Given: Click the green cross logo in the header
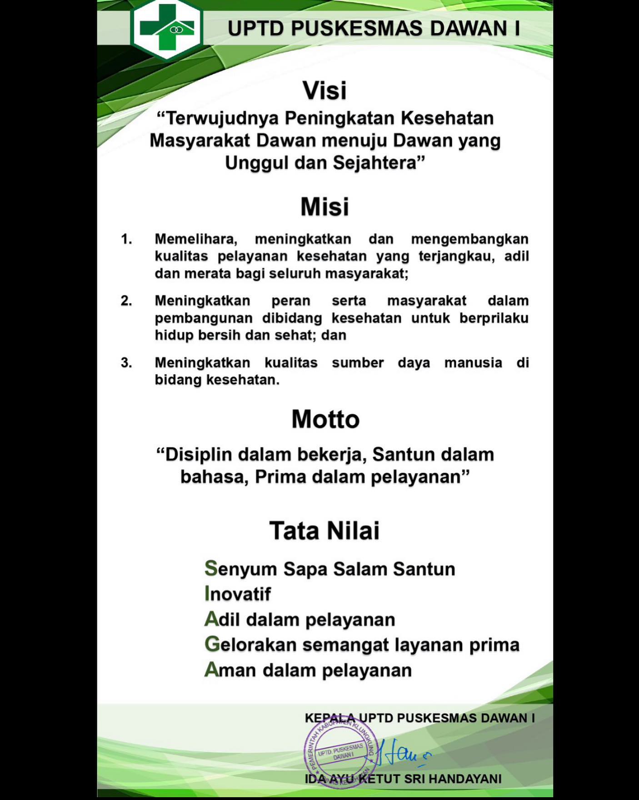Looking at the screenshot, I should (x=166, y=29).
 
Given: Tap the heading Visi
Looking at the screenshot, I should (x=324, y=91).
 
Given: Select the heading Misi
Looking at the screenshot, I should (x=324, y=207).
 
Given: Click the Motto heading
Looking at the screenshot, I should (x=325, y=419).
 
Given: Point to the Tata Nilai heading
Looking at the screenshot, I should (x=324, y=531).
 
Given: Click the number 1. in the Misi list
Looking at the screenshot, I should (x=126, y=239).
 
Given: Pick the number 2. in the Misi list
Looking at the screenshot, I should (x=126, y=301).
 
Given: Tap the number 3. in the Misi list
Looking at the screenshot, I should (x=126, y=363).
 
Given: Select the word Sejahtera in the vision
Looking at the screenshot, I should (x=375, y=162).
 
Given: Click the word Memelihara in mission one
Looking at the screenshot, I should (x=196, y=239).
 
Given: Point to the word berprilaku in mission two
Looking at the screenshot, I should (x=494, y=318).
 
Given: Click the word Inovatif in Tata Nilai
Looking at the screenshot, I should (x=238, y=594).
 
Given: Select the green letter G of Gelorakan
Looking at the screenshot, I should (x=211, y=644).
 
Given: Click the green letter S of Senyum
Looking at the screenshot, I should (x=211, y=568).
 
